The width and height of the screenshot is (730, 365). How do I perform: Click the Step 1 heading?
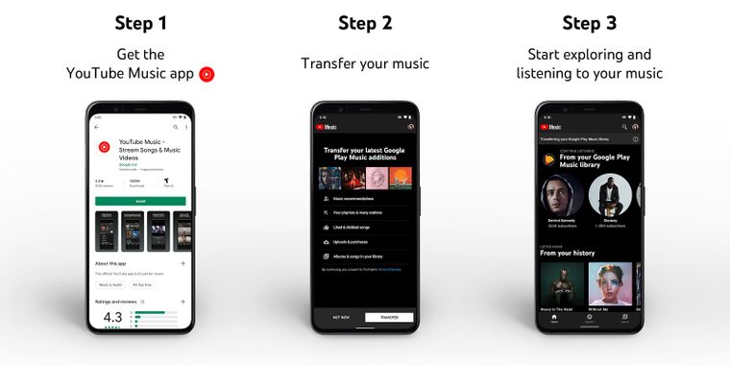[140, 23]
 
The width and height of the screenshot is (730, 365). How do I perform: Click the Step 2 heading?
[364, 23]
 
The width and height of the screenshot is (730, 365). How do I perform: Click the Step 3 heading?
[589, 23]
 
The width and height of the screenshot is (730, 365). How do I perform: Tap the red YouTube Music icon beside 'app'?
[207, 73]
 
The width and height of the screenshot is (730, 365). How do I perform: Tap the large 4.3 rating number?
[112, 316]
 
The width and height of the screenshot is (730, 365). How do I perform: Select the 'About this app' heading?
[114, 262]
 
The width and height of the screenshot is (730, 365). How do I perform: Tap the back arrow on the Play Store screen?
[96, 127]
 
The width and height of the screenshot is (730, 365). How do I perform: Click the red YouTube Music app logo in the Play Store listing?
[104, 147]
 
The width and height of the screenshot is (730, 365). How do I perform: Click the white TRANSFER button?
[389, 317]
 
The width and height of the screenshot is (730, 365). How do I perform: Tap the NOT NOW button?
[340, 317]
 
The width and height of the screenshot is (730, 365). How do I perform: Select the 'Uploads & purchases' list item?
[353, 241]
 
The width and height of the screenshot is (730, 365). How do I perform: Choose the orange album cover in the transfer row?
[401, 178]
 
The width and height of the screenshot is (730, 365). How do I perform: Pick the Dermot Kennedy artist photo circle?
[563, 194]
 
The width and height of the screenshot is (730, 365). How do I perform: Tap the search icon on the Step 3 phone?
[623, 127]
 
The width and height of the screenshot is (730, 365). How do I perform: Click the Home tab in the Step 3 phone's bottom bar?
[554, 318]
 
